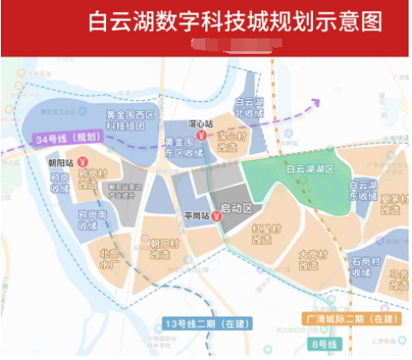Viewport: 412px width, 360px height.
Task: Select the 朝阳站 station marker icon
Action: point(83,160)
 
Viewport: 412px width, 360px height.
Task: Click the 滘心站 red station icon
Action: point(200,135)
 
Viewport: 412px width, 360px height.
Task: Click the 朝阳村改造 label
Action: point(166,248)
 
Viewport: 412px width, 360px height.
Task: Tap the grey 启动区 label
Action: point(237,209)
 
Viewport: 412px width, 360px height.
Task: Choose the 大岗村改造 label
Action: point(314,259)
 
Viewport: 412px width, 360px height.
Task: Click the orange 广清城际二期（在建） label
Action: point(352,319)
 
